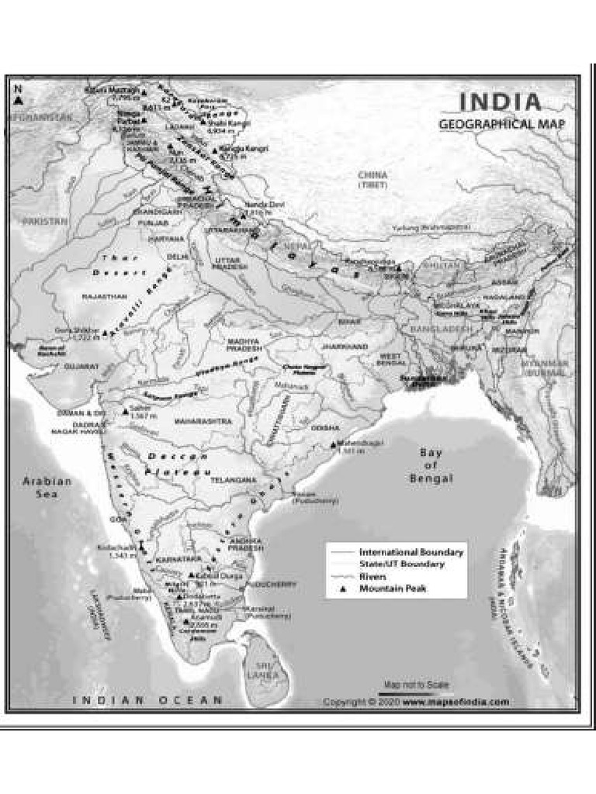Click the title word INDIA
point(501,102)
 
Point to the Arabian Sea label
point(47,486)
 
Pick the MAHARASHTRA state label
point(203,421)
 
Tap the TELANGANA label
point(233,480)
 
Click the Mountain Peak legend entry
point(392,589)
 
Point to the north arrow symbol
point(18,96)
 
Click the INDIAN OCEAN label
point(147,700)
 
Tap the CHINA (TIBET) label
point(372,180)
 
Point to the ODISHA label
point(325,427)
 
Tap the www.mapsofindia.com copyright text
point(456,702)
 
